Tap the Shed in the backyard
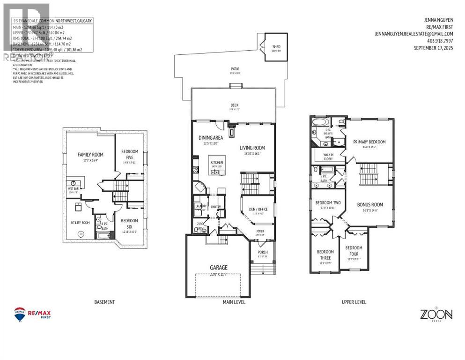276,47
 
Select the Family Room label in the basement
90,154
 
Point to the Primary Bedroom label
369,142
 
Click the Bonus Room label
370,204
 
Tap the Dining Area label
211,137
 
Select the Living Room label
252,148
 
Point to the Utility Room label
80,223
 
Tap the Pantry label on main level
216,207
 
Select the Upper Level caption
354,302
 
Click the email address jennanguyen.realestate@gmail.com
413,34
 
